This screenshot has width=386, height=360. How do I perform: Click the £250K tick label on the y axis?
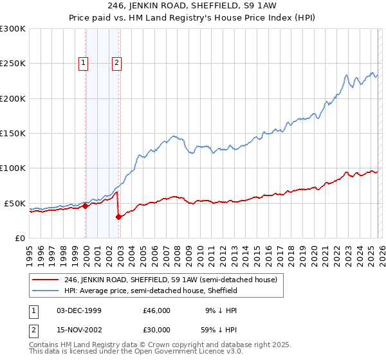tap(13, 64)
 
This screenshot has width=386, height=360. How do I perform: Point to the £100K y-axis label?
tap(13, 168)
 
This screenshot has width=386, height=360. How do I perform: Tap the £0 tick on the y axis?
tap(21, 238)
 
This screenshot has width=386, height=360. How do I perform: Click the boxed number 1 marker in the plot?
tap(85, 63)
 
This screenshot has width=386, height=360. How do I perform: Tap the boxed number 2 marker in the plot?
tap(116, 63)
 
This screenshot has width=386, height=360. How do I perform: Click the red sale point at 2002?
tap(118, 217)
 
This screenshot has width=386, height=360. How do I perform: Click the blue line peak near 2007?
tap(173, 136)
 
